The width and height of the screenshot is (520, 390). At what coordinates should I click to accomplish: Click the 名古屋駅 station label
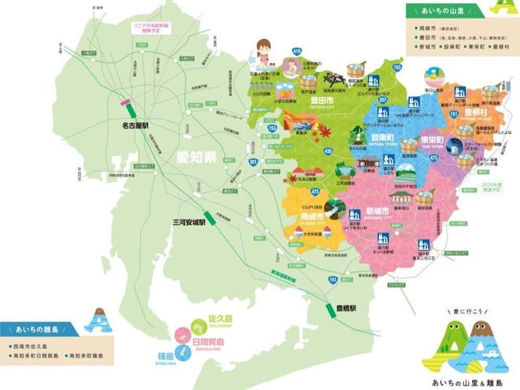tap(135, 125)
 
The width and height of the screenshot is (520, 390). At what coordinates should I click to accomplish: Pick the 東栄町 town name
tap(431, 139)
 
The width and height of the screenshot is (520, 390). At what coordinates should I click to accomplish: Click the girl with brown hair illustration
tap(264, 52)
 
